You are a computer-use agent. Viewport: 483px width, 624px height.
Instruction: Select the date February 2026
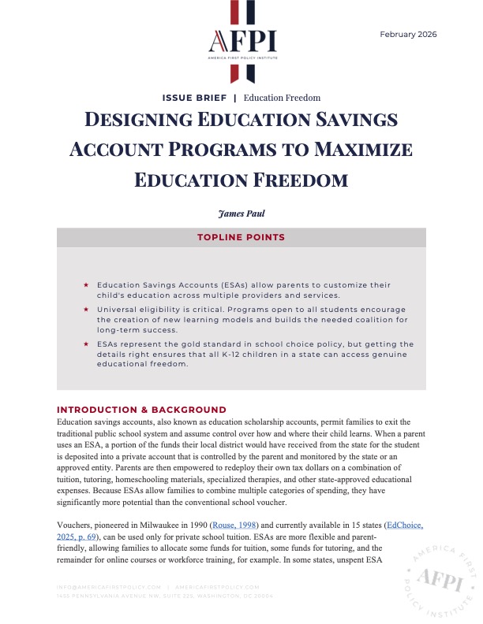point(408,35)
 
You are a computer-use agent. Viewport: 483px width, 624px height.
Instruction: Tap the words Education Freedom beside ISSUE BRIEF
point(282,98)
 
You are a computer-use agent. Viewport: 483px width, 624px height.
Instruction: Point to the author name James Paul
point(241,212)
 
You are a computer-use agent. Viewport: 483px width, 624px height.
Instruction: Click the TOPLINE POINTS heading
point(241,237)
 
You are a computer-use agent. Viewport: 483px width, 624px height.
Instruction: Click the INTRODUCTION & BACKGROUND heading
point(142,410)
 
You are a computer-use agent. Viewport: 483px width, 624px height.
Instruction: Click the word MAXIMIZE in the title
point(342,150)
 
